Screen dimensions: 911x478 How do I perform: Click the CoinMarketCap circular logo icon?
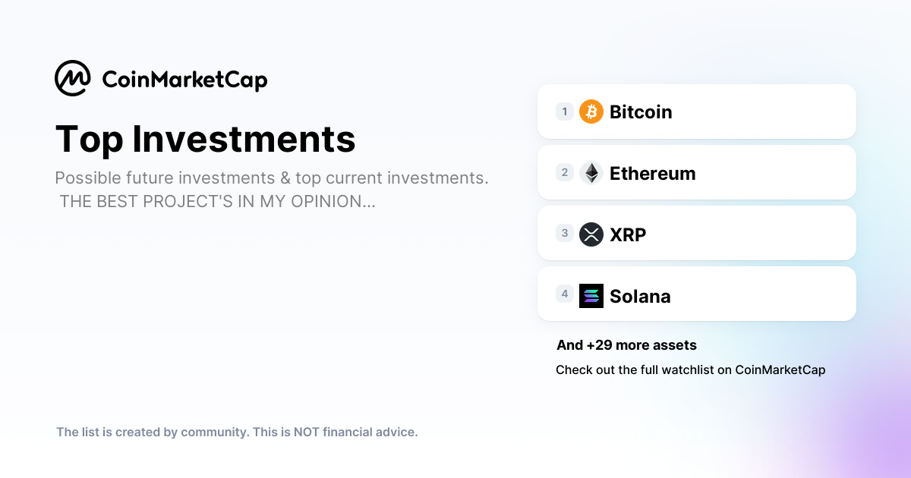73,78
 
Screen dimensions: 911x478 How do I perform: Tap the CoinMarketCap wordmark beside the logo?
184,80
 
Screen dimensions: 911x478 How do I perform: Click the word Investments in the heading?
244,139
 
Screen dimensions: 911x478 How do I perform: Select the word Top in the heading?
89,140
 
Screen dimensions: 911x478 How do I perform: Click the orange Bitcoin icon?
591,112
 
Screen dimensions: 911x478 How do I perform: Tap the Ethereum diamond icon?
591,173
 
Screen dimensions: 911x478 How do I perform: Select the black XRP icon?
591,234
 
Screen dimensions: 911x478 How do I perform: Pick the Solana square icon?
591,295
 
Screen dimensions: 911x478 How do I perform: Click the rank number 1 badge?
565,112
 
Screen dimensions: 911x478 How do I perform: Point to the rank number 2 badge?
565,172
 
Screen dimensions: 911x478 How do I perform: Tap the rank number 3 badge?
565,233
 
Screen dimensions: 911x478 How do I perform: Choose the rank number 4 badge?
565,294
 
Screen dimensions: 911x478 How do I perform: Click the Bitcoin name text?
641,112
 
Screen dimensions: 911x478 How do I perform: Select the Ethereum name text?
652,174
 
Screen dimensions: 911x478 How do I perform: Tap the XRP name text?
628,235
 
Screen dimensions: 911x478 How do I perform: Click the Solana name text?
640,297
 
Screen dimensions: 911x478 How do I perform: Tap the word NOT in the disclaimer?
306,432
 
